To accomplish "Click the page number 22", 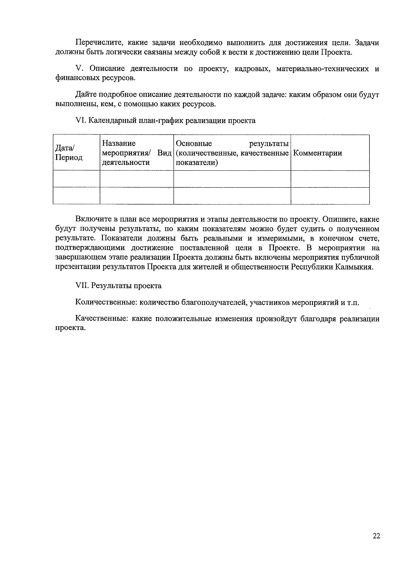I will point(376,536).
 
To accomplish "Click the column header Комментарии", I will point(318,153).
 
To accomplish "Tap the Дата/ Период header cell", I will point(69,153).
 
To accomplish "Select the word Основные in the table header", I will point(194,144).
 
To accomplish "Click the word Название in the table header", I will point(119,144).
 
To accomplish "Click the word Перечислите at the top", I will point(97,43).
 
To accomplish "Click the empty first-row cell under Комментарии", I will point(330,179).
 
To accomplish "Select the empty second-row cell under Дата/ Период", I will point(76,195).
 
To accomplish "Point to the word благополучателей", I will point(214,303).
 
